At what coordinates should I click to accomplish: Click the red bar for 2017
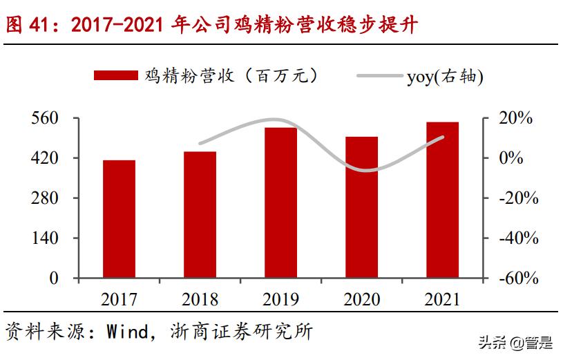[119, 219]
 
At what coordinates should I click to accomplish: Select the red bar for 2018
[200, 215]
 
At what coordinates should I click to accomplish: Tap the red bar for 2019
[280, 203]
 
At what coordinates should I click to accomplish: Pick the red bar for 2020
[361, 207]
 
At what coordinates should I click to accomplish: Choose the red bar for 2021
[442, 200]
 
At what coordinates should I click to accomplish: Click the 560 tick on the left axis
[46, 118]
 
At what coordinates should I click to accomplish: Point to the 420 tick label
[46, 158]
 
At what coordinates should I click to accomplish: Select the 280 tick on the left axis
[46, 198]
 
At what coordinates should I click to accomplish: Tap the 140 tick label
[46, 238]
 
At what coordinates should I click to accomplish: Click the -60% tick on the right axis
[518, 278]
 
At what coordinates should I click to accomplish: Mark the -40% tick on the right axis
[518, 238]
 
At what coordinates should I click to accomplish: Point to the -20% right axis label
[518, 198]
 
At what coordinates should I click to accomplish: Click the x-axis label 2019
[280, 299]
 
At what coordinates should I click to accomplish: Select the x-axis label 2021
[442, 299]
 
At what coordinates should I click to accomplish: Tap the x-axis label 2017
[119, 299]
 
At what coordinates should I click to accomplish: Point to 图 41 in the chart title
[28, 25]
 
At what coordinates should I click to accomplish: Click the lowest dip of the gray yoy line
[361, 170]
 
